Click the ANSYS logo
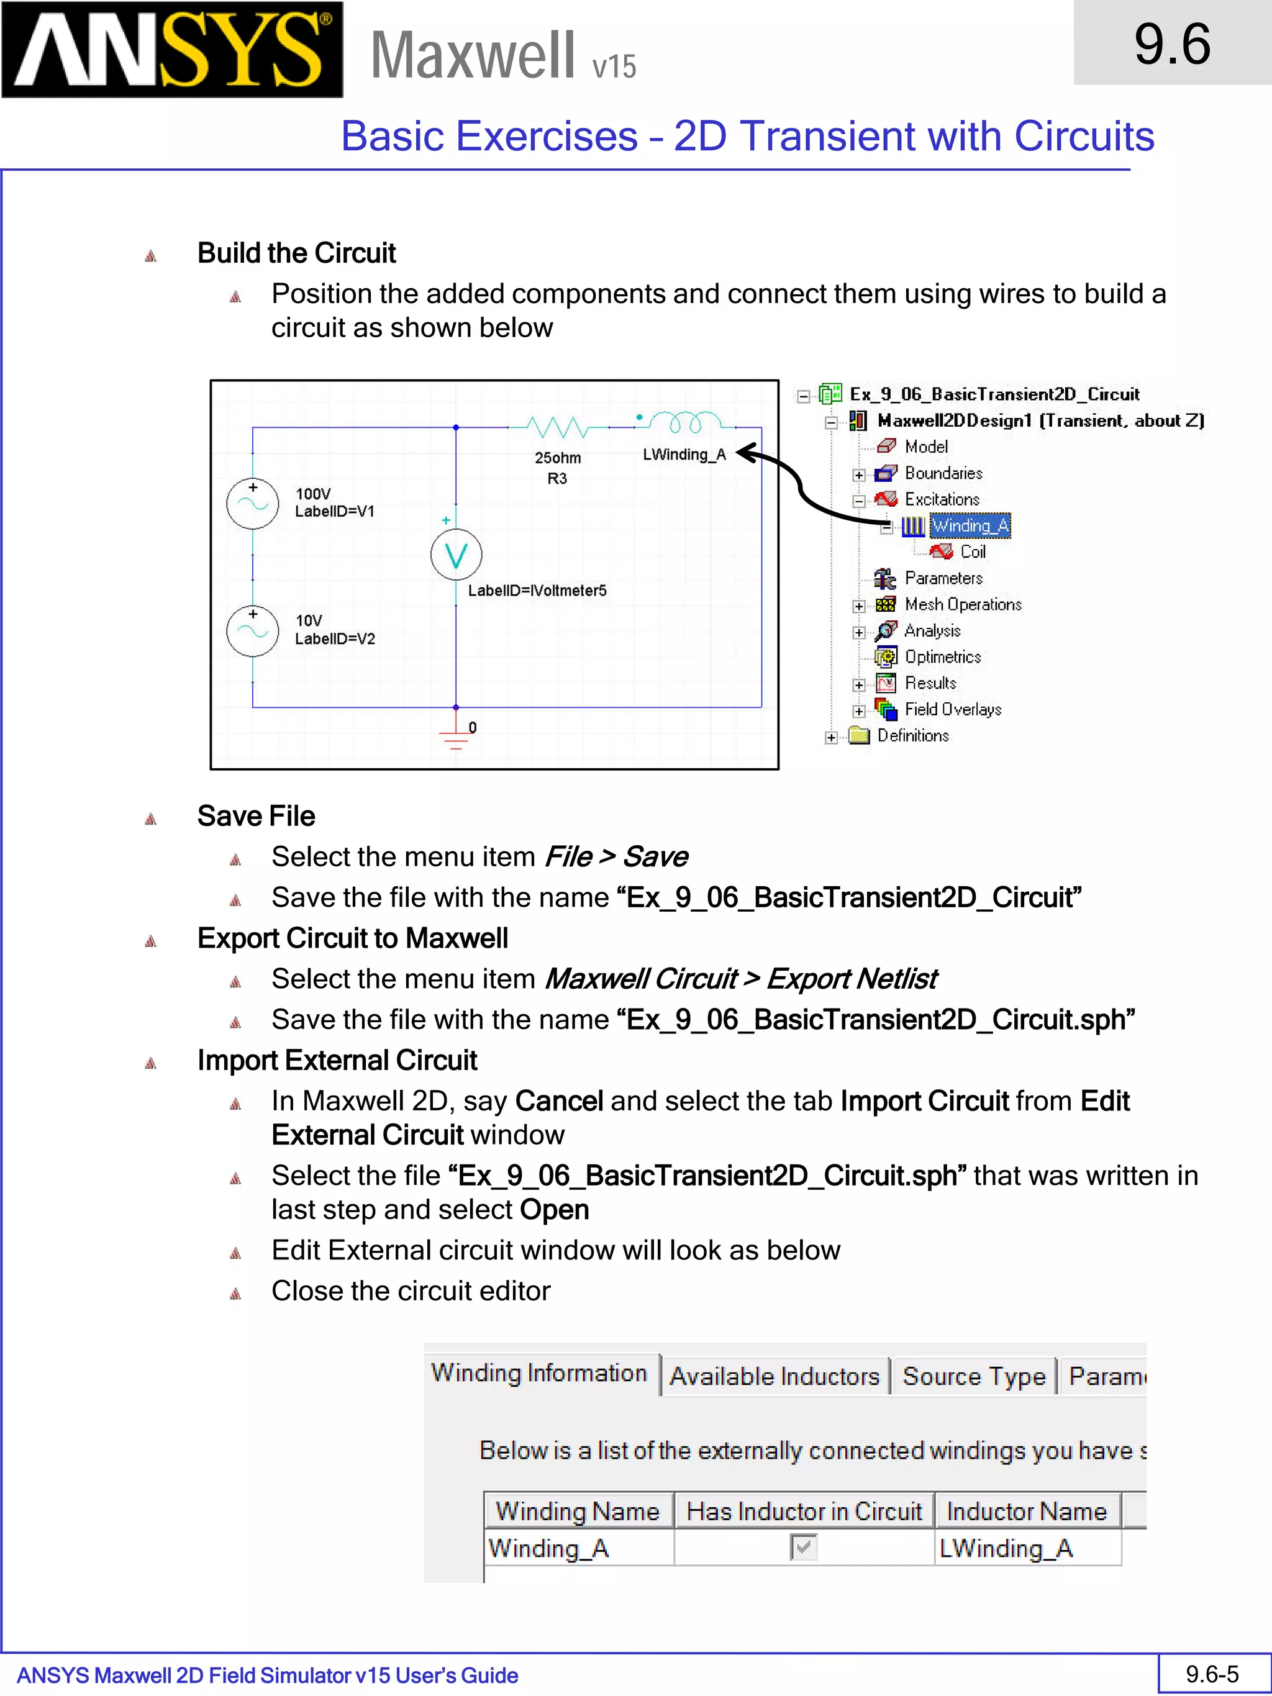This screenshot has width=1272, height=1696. click(x=172, y=50)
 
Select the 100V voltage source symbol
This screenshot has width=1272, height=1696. click(x=252, y=504)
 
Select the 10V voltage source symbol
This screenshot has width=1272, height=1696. click(x=252, y=631)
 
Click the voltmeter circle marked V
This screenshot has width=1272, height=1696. click(x=457, y=555)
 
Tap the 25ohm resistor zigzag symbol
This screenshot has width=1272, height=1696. click(x=557, y=426)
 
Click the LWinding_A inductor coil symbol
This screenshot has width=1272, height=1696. click(x=684, y=421)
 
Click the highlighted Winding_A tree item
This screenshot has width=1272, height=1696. click(x=970, y=526)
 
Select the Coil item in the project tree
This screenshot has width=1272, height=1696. click(x=972, y=552)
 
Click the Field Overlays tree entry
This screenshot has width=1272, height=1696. click(x=952, y=710)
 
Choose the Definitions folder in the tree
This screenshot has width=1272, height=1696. click(x=912, y=736)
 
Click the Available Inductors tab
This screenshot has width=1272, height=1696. click(x=775, y=1376)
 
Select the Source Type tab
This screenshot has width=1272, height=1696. click(x=974, y=1376)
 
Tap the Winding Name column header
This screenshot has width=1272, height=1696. click(x=578, y=1511)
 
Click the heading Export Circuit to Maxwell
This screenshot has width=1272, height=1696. click(x=352, y=938)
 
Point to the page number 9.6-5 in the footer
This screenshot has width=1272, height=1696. click(x=1212, y=1674)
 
